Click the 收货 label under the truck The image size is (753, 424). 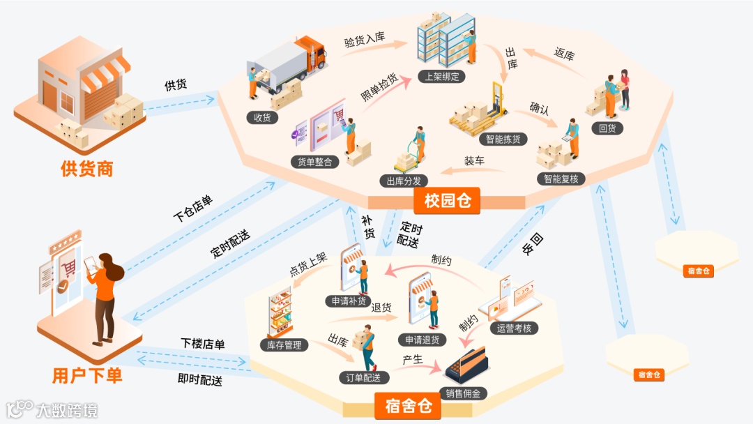tap(262, 117)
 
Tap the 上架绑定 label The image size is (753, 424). tap(442, 76)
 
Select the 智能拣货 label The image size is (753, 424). tap(503, 139)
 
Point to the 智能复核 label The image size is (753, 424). tap(561, 179)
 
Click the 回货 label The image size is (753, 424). tap(607, 128)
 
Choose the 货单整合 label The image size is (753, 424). tap(315, 162)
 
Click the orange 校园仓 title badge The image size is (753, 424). tap(447, 202)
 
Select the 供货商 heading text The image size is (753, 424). tap(86, 168)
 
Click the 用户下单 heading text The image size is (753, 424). tap(87, 375)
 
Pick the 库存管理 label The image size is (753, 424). tap(284, 344)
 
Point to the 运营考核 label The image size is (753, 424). tap(514, 328)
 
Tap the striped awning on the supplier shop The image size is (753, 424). tap(105, 75)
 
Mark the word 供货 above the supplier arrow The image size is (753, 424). tap(176, 85)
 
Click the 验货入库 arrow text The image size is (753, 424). tap(365, 39)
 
